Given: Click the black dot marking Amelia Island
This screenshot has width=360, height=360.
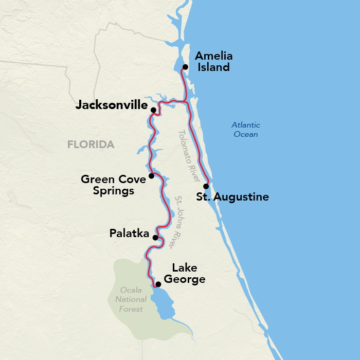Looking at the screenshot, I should (x=185, y=67).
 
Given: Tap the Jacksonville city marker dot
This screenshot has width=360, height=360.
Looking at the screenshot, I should (x=153, y=110).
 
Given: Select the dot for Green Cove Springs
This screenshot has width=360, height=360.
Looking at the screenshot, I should (x=151, y=176).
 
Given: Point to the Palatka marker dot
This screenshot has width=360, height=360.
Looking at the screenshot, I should (x=155, y=238).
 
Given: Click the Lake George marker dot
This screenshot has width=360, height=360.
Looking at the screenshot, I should (x=158, y=284).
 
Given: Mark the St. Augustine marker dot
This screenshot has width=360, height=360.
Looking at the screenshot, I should (x=206, y=186).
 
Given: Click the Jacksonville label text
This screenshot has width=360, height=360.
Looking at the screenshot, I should (x=112, y=105).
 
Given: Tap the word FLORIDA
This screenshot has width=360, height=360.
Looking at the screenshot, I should (x=91, y=145).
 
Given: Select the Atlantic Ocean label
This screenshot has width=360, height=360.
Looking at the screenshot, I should (x=245, y=130).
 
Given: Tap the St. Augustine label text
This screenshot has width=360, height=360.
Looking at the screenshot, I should (x=233, y=197).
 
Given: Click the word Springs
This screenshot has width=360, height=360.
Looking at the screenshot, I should (x=113, y=191).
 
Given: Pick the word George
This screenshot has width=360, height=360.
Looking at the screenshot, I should (x=188, y=279).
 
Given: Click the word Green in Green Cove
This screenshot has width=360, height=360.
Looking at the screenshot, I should (x=97, y=179).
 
